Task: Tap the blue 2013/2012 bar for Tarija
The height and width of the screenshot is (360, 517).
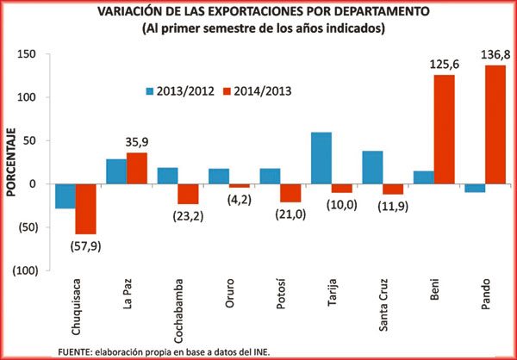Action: coord(321,158)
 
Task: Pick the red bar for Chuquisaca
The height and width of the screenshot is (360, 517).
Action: coord(85,208)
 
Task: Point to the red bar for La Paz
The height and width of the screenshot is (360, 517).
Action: coord(137,168)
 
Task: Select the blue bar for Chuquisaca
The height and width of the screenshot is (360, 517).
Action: coord(65,196)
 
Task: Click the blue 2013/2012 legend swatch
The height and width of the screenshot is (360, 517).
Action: coord(149,90)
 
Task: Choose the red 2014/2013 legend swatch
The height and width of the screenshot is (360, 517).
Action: coord(227,90)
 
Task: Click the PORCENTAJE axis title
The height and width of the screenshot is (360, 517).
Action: coord(11,163)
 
